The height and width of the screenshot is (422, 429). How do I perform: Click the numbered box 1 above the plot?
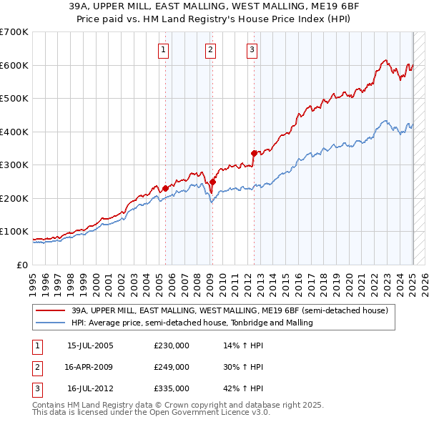(x=164, y=49)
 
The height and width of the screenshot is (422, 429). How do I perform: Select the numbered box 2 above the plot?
(x=211, y=49)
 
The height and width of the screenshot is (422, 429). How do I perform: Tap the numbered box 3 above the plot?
(x=252, y=49)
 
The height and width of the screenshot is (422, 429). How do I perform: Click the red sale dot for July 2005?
(x=165, y=188)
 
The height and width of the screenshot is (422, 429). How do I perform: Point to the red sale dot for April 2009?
(x=212, y=182)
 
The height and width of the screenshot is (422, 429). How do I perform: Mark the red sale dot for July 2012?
(x=254, y=153)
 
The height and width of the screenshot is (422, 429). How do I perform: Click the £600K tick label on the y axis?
(x=14, y=65)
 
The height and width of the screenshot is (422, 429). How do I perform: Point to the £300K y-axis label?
(x=14, y=165)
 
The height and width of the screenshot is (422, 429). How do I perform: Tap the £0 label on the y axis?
(x=22, y=265)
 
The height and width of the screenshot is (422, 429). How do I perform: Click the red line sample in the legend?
(x=51, y=311)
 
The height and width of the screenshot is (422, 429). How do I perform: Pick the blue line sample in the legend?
(x=51, y=323)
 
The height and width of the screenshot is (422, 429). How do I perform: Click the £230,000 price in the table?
(x=172, y=345)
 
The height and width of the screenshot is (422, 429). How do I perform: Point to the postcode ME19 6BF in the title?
(x=294, y=7)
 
